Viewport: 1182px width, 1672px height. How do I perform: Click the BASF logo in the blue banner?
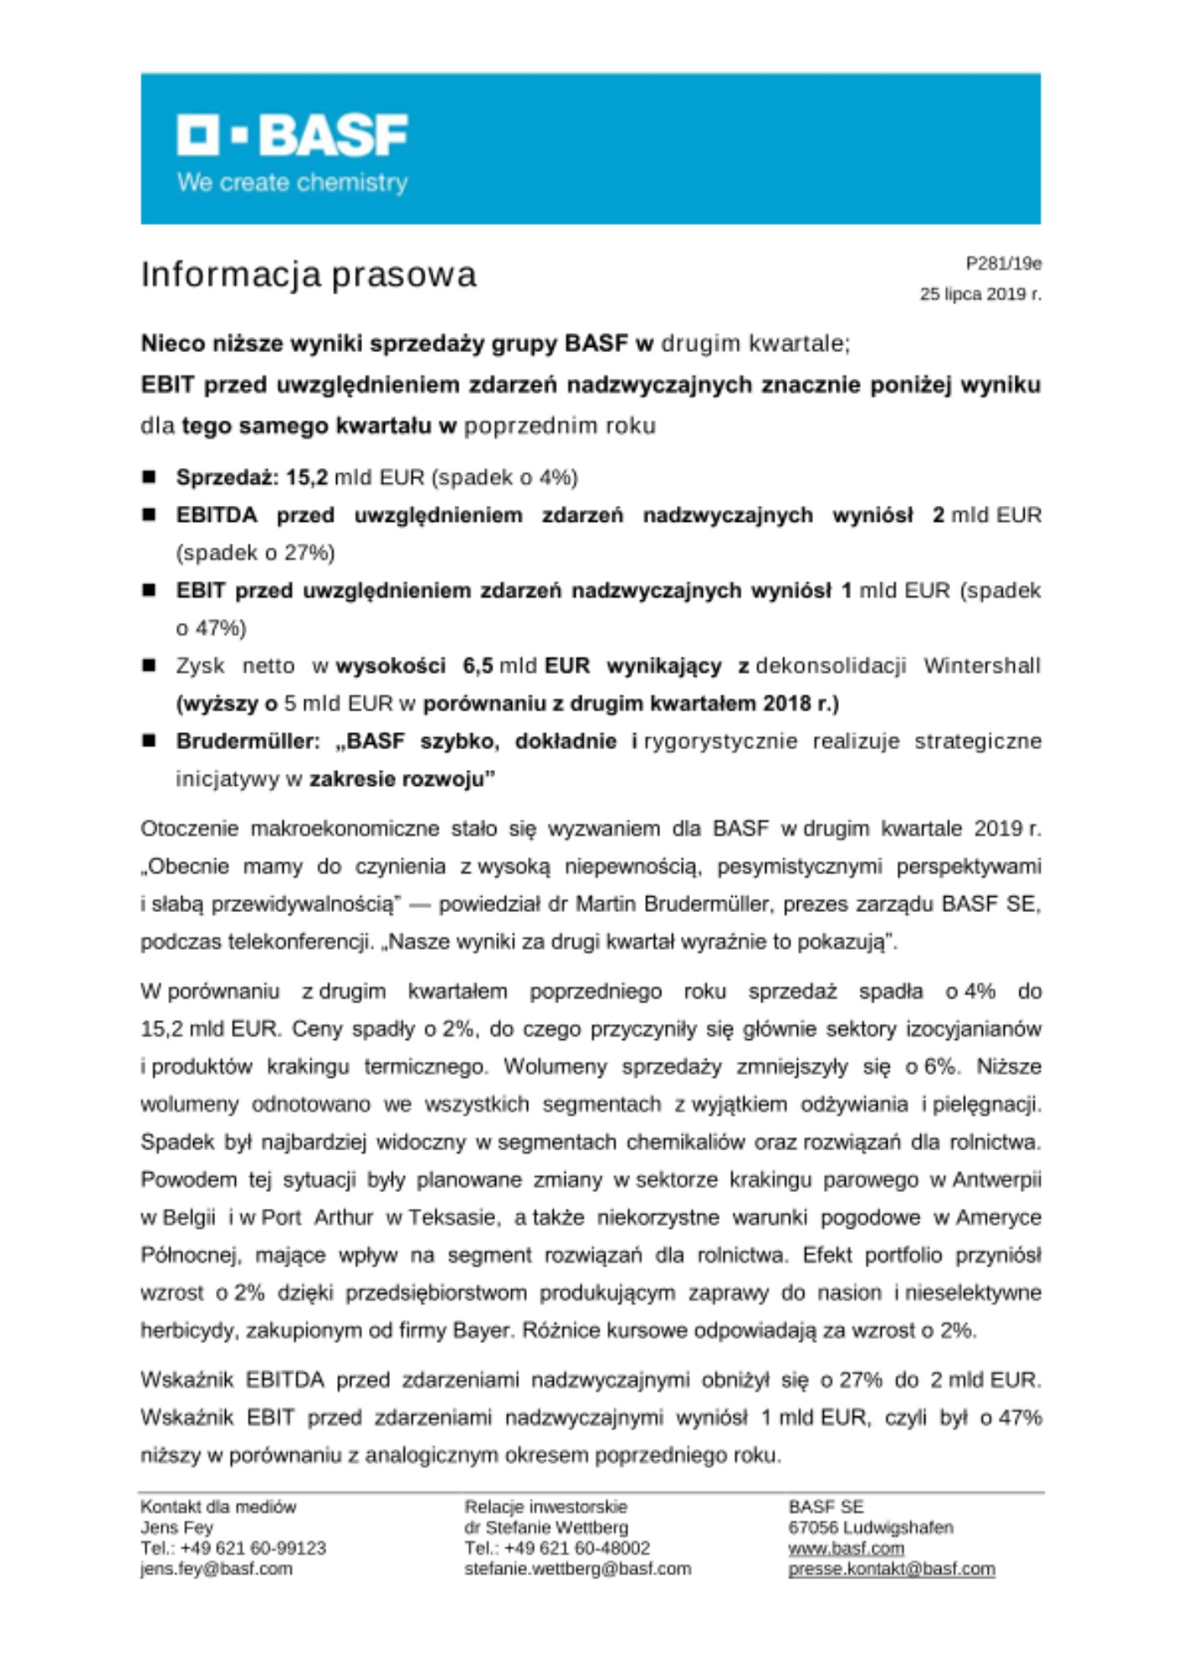pos(292,135)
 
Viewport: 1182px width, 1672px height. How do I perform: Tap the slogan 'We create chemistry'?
pos(292,182)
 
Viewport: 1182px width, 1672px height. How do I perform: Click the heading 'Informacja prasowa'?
pos(309,274)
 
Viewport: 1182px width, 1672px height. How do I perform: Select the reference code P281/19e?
pos(1003,264)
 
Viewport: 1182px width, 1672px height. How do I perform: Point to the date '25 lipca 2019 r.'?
pos(980,294)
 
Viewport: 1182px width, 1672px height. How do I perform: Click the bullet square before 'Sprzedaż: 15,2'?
pos(150,477)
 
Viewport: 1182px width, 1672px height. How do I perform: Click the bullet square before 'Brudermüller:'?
pos(150,741)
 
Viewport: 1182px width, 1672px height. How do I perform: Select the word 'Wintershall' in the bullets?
pos(982,665)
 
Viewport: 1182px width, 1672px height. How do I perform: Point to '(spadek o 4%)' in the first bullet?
pos(504,477)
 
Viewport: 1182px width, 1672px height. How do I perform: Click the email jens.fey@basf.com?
pos(217,1569)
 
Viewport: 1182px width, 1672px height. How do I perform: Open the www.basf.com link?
pos(846,1548)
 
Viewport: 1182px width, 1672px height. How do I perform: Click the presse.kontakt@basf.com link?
pos(891,1569)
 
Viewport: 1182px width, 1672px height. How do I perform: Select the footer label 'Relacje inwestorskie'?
pos(545,1506)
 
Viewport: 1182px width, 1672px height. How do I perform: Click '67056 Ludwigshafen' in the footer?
pos(870,1527)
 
